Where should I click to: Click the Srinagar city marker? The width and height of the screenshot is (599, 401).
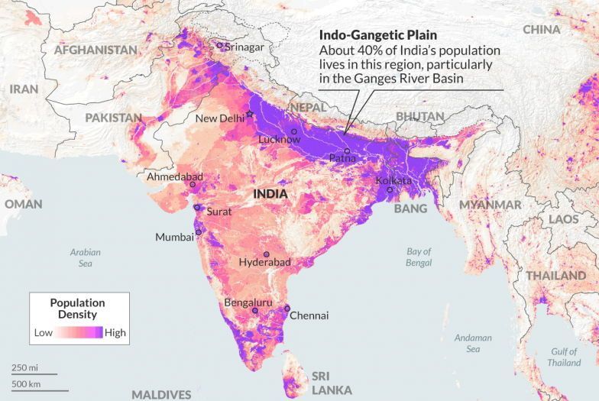pyautogui.click(x=220, y=46)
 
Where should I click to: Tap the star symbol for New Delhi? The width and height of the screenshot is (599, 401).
pyautogui.click(x=249, y=114)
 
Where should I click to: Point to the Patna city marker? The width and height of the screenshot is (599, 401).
pyautogui.click(x=346, y=151)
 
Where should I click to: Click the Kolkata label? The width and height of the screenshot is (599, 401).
pyautogui.click(x=393, y=180)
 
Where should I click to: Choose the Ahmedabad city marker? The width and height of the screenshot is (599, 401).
pyautogui.click(x=193, y=184)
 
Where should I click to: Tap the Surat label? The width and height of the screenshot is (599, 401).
pyautogui.click(x=219, y=212)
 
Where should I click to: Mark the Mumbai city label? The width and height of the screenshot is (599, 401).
pyautogui.click(x=174, y=237)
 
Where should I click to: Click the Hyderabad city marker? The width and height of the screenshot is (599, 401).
pyautogui.click(x=267, y=254)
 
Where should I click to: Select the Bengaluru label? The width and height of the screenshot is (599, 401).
pyautogui.click(x=248, y=302)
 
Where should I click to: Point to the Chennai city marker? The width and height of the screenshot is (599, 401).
pyautogui.click(x=287, y=309)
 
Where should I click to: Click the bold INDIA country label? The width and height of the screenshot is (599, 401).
pyautogui.click(x=270, y=195)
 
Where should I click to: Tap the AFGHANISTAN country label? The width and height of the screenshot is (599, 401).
pyautogui.click(x=95, y=50)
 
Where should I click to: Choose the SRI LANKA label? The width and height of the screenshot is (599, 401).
pyautogui.click(x=331, y=383)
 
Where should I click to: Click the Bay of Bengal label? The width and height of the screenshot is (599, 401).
pyautogui.click(x=419, y=257)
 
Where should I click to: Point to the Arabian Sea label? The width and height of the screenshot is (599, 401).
pyautogui.click(x=86, y=257)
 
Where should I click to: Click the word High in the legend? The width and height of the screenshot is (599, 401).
pyautogui.click(x=115, y=333)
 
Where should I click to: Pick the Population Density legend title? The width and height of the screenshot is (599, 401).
pyautogui.click(x=78, y=308)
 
